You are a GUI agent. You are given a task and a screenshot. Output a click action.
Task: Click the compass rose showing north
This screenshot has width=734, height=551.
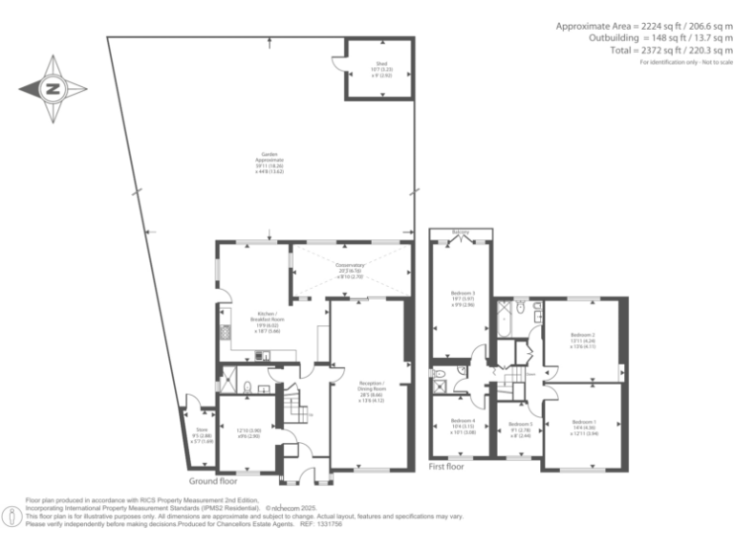click(52, 89)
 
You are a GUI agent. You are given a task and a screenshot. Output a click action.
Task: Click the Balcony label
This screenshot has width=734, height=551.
click(462, 232)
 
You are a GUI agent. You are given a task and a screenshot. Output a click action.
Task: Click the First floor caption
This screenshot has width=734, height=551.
click(445, 468)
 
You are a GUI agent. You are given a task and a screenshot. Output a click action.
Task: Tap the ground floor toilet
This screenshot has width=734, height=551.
click(247, 387)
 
